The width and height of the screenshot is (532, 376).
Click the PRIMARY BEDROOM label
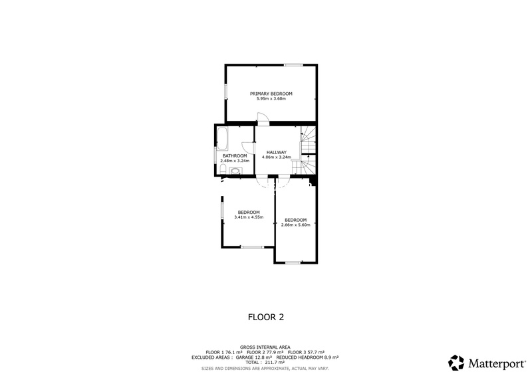click(x=271, y=94)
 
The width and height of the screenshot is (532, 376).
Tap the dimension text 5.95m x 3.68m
click(x=271, y=99)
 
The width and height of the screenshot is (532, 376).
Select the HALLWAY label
click(x=276, y=152)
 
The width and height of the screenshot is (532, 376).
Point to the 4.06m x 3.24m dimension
click(x=276, y=157)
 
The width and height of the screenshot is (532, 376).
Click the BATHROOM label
click(x=234, y=155)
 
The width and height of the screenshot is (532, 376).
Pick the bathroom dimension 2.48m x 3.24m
click(x=234, y=161)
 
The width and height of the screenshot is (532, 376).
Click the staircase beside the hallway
click(x=309, y=149)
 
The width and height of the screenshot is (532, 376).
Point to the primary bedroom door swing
click(x=263, y=119)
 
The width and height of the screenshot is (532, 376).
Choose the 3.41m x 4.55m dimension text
click(x=249, y=217)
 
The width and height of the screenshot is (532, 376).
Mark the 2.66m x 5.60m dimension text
click(x=295, y=225)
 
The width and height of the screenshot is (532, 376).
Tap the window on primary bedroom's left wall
click(x=225, y=92)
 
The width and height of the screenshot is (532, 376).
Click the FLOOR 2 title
click(x=265, y=317)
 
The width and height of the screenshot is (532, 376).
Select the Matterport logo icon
click(x=456, y=363)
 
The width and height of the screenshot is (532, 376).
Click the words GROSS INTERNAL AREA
click(x=265, y=347)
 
